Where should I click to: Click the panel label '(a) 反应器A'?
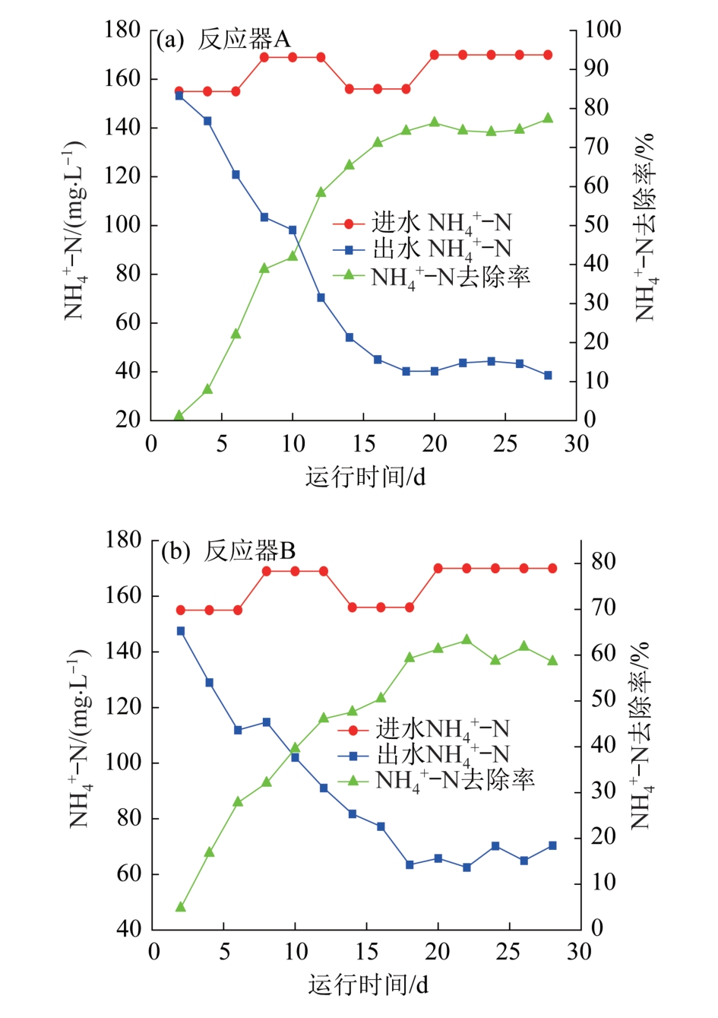223,40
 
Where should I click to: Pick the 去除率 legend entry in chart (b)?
437,780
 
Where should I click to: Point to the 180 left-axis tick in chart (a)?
123,30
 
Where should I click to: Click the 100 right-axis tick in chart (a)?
603,30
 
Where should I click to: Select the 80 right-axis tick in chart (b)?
603,563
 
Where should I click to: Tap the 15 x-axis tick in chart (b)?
367,952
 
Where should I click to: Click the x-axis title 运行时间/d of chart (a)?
365,477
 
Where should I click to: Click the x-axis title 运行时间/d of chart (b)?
368,985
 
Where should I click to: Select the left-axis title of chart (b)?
80,737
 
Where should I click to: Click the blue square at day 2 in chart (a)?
179,96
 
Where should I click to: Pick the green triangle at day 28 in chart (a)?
548,119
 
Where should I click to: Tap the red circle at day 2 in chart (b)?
181,610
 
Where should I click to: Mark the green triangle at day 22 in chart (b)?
467,639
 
